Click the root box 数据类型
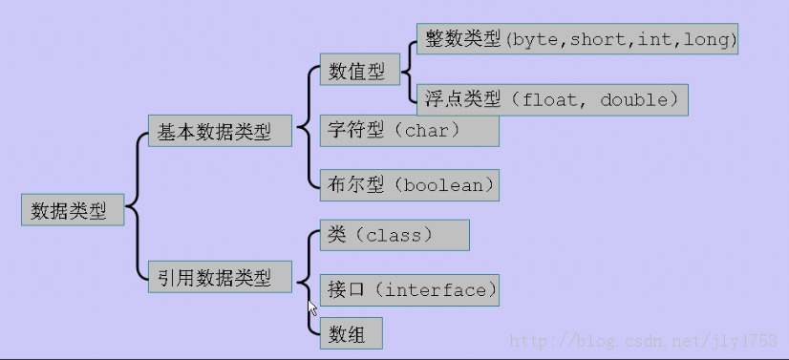coord(73,210)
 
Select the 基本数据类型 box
coord(220,131)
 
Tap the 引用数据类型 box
coord(220,277)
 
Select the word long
coord(705,40)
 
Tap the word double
coord(634,99)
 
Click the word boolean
coord(443,185)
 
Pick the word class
coord(394,235)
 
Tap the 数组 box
coord(352,333)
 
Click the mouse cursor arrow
coord(312,307)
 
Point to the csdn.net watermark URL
coord(644,342)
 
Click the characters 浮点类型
coord(463,99)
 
